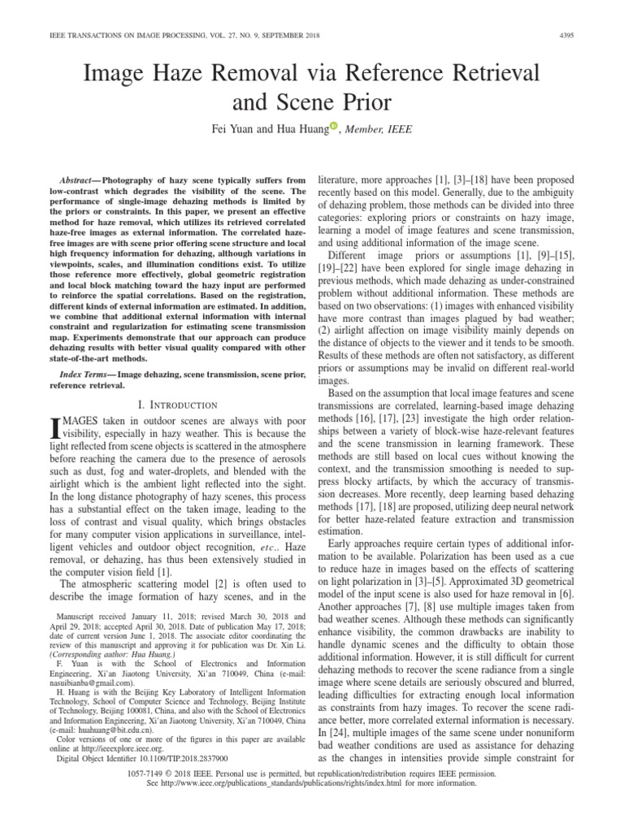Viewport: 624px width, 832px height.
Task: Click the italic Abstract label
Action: tap(82, 179)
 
